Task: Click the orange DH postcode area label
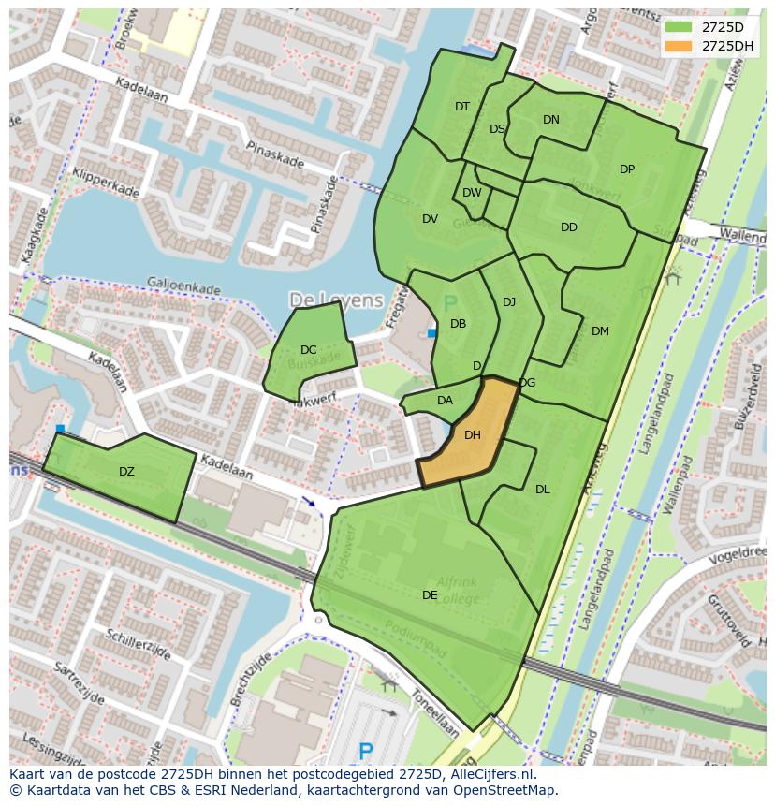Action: point(472,434)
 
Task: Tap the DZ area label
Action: point(126,472)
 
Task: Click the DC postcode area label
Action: point(308,350)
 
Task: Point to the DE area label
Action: point(430,594)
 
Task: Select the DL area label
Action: point(542,489)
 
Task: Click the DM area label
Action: point(600,330)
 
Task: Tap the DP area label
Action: point(626,169)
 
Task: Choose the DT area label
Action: point(461,107)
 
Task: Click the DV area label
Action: point(430,219)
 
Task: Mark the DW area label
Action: point(472,193)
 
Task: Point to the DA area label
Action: point(445,401)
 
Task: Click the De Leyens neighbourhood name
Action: point(336,300)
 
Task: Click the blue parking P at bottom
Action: point(366,751)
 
